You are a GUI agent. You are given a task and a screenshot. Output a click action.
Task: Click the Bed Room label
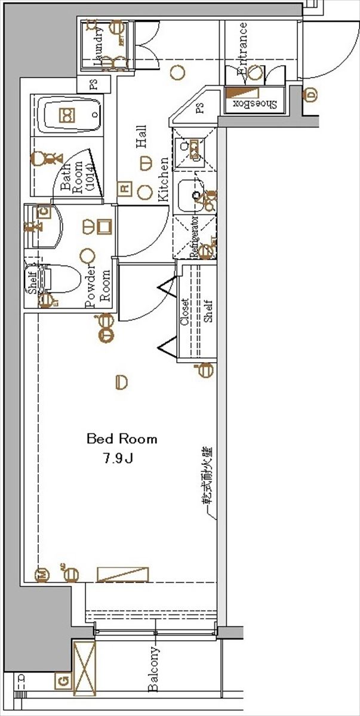click(122, 439)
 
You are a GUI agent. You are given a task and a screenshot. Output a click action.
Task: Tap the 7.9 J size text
click(117, 460)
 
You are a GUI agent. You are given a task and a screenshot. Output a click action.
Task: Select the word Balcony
click(154, 669)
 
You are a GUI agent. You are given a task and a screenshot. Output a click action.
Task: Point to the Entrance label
click(243, 49)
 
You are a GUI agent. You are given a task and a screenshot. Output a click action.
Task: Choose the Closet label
click(185, 312)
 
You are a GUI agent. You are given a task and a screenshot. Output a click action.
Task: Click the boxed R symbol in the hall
click(124, 188)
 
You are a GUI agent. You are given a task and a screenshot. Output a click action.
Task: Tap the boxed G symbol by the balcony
click(61, 679)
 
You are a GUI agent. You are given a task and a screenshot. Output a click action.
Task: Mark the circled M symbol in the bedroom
click(42, 574)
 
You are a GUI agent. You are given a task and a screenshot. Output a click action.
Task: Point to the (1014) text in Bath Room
click(88, 177)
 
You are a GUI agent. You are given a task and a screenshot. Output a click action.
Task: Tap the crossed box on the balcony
click(84, 668)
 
